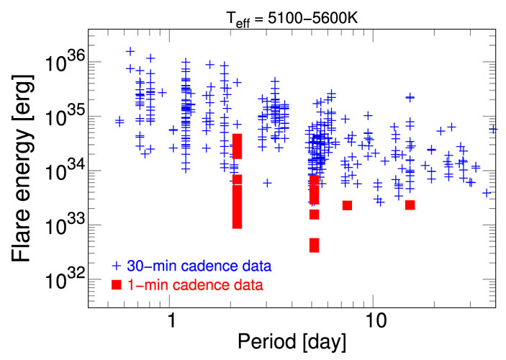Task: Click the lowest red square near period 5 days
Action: [315, 246]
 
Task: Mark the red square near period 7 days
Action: [347, 205]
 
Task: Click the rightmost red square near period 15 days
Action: [410, 205]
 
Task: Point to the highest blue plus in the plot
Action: [130, 52]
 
